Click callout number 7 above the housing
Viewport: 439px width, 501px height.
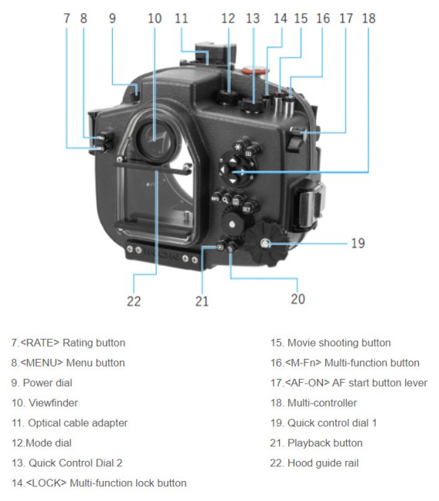(67, 17)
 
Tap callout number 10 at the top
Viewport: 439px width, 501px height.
(155, 17)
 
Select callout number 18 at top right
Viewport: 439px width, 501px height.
(369, 17)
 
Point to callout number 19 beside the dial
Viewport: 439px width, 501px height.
(357, 243)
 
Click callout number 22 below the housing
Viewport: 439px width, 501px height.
(134, 301)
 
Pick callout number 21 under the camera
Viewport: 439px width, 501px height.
(202, 301)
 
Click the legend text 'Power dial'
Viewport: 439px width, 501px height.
(42, 383)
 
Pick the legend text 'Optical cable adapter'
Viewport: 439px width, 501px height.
(70, 423)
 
